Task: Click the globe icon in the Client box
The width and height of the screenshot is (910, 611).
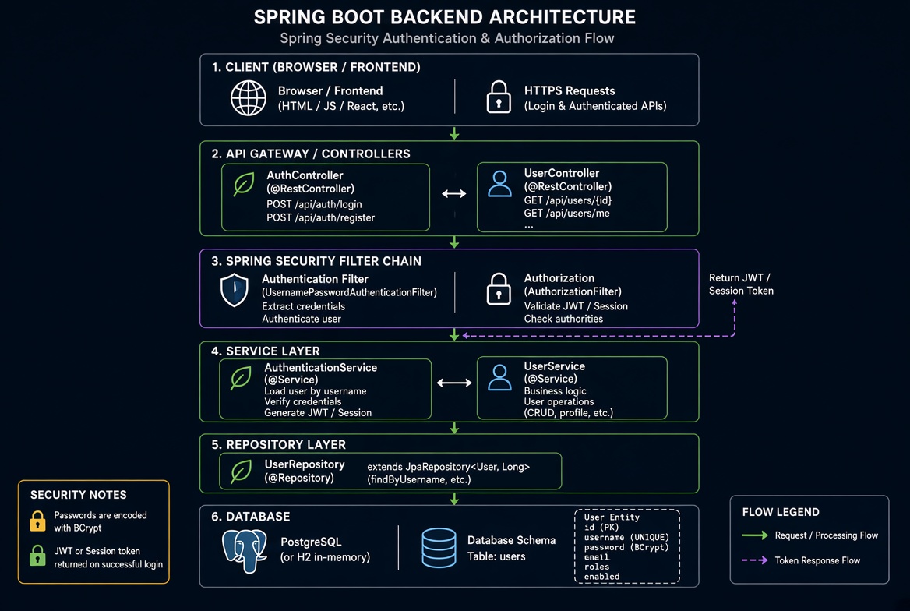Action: (x=249, y=97)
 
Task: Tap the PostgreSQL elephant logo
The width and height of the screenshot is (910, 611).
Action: (x=245, y=550)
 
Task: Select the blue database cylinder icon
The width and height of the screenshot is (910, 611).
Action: (x=439, y=548)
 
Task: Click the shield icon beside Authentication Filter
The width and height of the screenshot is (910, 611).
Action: (x=235, y=289)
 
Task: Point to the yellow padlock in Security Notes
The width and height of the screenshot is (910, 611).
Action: (x=37, y=521)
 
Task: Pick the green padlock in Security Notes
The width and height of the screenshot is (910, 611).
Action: (x=37, y=555)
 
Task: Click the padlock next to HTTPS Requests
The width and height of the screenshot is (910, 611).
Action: (x=499, y=97)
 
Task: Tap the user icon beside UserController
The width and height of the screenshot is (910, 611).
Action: (x=499, y=183)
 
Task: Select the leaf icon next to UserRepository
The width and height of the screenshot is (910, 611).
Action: (x=241, y=471)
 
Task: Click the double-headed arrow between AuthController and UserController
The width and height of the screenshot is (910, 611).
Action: (x=454, y=193)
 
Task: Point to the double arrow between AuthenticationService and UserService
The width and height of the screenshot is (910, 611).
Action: (x=454, y=383)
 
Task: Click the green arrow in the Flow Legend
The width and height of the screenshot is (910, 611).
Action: (x=755, y=535)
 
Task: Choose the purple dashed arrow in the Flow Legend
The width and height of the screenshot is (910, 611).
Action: (x=755, y=560)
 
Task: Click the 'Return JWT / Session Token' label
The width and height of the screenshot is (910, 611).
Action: (x=741, y=284)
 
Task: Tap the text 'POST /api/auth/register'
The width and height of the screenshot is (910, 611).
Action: (x=320, y=217)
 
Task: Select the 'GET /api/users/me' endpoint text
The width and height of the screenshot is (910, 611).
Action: (x=566, y=214)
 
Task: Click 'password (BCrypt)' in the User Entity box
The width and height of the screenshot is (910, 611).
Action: (x=626, y=547)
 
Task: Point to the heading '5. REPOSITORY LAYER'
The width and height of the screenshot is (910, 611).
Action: (x=279, y=445)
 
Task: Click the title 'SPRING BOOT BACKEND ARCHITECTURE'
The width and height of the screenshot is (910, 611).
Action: (x=445, y=17)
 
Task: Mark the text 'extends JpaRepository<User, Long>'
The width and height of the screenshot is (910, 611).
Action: (x=448, y=467)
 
